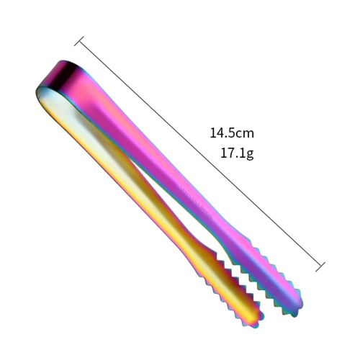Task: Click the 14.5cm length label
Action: [232, 133]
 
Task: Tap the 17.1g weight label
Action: [237, 153]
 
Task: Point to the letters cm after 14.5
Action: [245, 134]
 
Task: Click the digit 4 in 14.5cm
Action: [220, 133]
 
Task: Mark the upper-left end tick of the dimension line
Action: [79, 41]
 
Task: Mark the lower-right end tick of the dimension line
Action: [320, 267]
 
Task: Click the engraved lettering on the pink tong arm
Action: [197, 202]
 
